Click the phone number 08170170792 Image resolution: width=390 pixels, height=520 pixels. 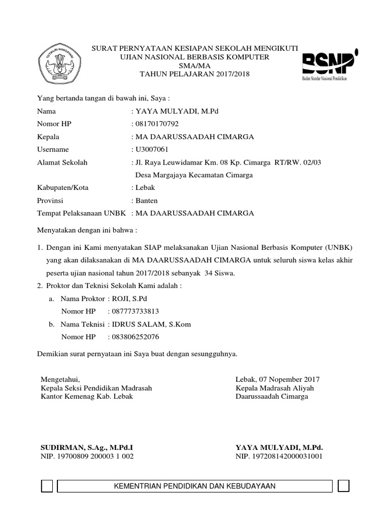pyautogui.click(x=156, y=124)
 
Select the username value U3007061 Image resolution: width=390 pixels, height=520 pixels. pyautogui.click(x=151, y=149)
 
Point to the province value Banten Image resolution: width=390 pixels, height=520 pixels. pyautogui.click(x=146, y=200)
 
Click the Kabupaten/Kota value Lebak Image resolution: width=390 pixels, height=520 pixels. pyautogui.click(x=145, y=187)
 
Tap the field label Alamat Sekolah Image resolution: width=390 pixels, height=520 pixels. pyautogui.click(x=62, y=162)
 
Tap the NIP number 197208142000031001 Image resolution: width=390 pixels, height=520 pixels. pyautogui.click(x=286, y=457)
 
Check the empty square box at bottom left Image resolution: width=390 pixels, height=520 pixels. pyautogui.click(x=46, y=486)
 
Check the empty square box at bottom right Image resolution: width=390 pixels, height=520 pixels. pyautogui.click(x=343, y=486)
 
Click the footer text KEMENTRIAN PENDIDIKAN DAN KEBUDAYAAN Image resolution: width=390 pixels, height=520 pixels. pyautogui.click(x=196, y=486)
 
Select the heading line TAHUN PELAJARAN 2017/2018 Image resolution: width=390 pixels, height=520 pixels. pyautogui.click(x=195, y=74)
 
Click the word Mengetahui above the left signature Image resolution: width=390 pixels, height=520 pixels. pyautogui.click(x=60, y=379)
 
